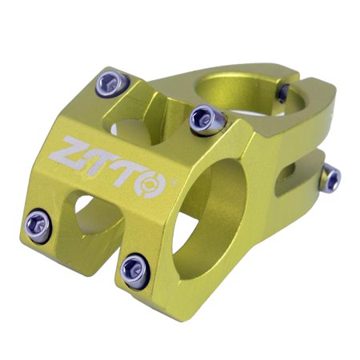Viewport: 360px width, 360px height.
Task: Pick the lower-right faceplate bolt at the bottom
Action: pyautogui.click(x=133, y=270)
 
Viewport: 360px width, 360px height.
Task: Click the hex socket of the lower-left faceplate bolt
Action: pyautogui.click(x=36, y=220)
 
